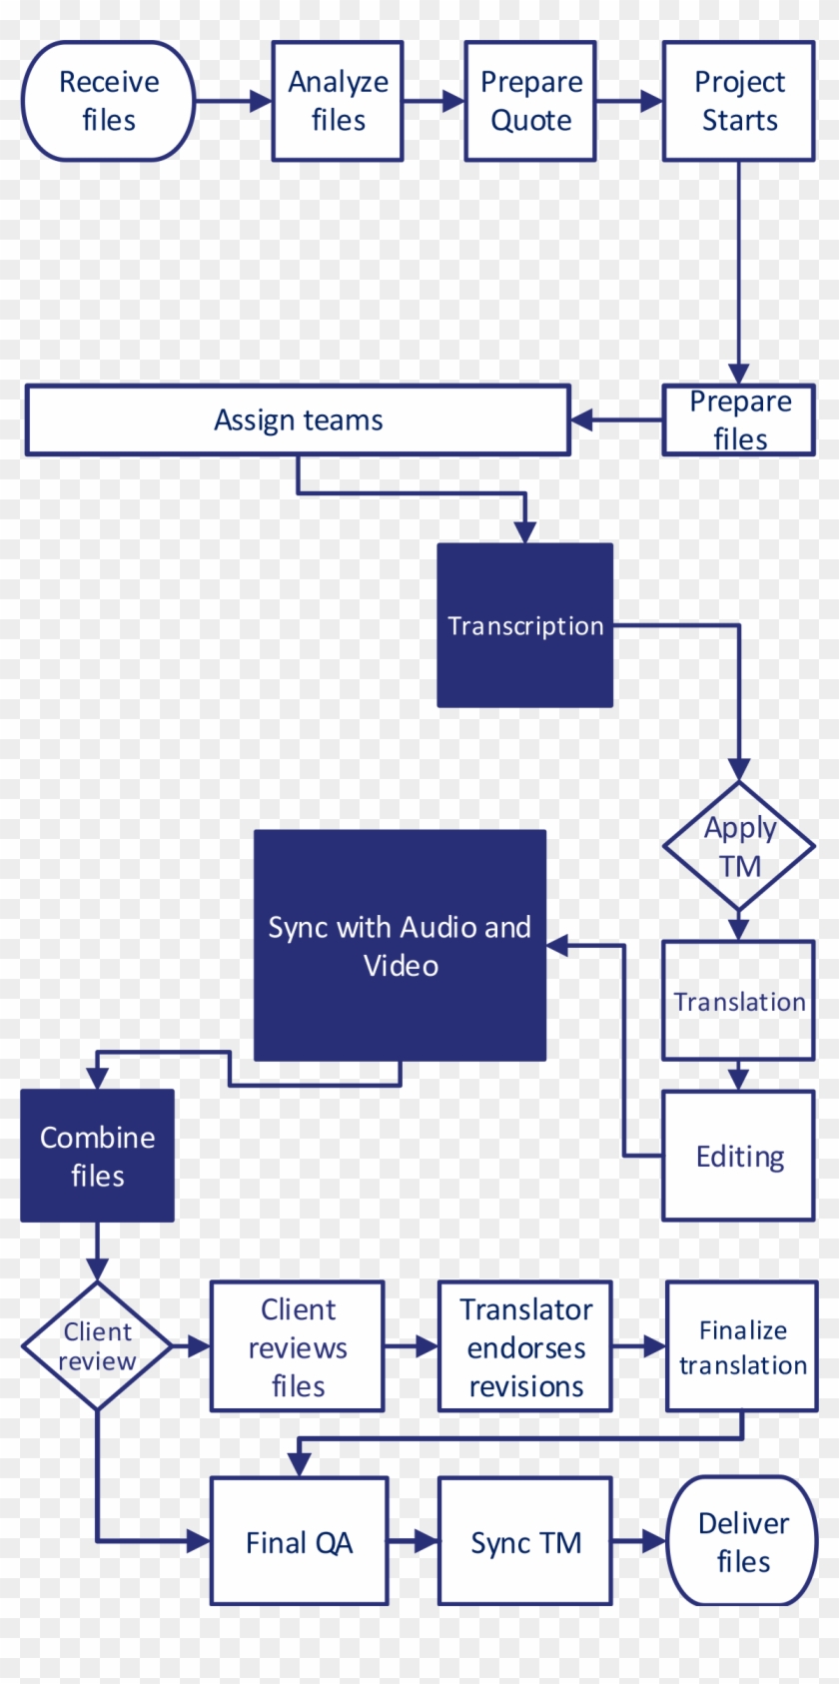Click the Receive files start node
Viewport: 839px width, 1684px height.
pos(108,101)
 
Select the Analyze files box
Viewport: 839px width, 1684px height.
pos(338,101)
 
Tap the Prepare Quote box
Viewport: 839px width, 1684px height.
pos(530,101)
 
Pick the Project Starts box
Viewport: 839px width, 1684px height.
pos(739,101)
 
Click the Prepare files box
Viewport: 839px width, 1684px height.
pos(739,421)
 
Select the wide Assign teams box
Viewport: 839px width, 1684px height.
pos(298,421)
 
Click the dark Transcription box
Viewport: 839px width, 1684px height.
pos(525,625)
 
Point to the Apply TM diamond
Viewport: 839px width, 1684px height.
pos(739,846)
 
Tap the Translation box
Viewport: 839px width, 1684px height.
pos(739,1001)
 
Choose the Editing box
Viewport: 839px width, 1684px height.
pos(739,1156)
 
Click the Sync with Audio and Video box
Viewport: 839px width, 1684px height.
pos(400,945)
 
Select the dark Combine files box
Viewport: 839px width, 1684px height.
pos(97,1156)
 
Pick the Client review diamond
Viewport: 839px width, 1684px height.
pos(97,1346)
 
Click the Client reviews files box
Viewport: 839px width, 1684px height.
pos(298,1346)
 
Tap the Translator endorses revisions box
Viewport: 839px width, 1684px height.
pos(525,1346)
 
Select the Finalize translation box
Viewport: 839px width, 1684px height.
pos(742,1346)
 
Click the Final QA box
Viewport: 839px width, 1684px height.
pos(299,1541)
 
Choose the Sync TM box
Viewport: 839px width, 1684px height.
pos(525,1541)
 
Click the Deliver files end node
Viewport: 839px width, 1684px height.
pos(742,1541)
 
